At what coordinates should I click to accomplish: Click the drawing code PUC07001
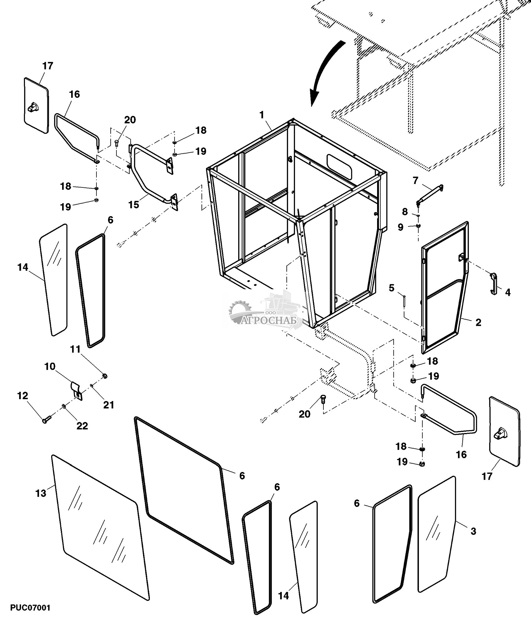[30, 608]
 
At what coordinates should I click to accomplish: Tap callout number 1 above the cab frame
[262, 115]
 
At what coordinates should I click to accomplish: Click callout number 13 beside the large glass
[41, 493]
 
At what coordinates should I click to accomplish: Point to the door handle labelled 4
[494, 283]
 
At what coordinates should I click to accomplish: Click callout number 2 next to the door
[478, 322]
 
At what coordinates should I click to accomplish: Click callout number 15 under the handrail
[134, 205]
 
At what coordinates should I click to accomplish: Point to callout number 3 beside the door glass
[473, 531]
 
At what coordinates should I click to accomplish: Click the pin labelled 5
[404, 300]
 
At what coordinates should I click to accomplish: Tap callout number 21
[109, 405]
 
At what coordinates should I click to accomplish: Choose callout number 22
[82, 426]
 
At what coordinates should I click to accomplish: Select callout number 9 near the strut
[401, 227]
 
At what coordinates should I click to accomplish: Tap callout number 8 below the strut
[405, 211]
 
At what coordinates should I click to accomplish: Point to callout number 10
[50, 366]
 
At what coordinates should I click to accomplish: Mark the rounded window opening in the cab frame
[339, 166]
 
